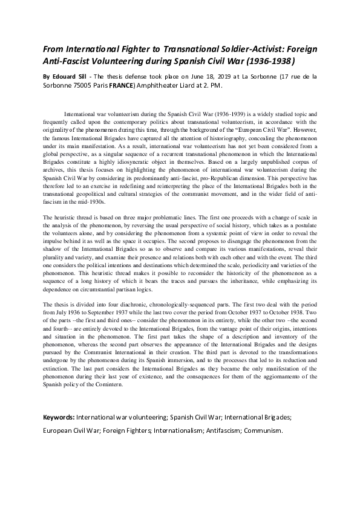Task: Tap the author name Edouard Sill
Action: [74, 77]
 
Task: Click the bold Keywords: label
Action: [59, 417]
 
